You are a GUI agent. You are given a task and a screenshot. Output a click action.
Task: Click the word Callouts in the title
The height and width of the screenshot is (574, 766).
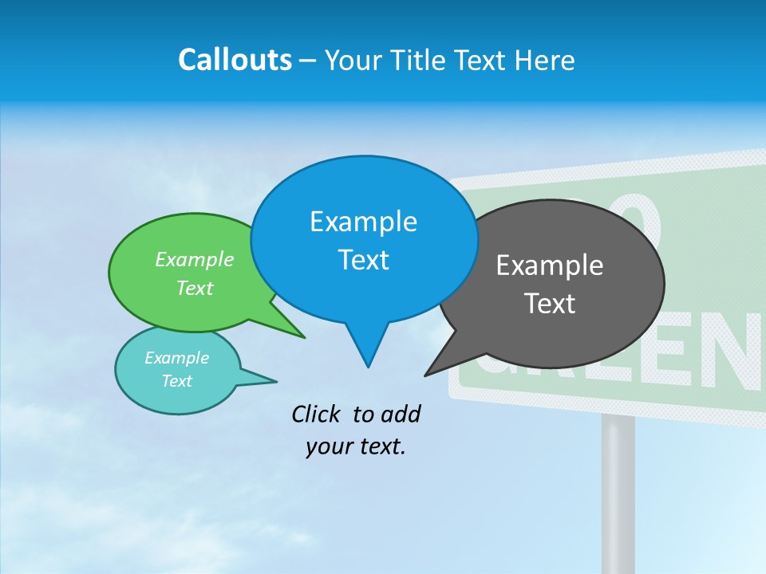tap(235, 60)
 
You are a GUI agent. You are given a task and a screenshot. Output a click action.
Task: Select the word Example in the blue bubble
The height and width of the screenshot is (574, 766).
tap(363, 222)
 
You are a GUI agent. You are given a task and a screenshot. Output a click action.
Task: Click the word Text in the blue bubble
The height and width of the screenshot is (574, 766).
tap(363, 260)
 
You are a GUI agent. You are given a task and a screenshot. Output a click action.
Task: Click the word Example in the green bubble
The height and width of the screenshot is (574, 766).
tap(195, 259)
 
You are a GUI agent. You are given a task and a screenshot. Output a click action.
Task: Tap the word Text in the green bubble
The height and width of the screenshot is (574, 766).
tap(195, 288)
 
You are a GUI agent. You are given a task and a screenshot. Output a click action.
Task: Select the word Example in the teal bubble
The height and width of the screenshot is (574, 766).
tap(176, 358)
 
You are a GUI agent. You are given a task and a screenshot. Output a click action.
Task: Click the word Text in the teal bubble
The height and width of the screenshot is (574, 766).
tap(176, 381)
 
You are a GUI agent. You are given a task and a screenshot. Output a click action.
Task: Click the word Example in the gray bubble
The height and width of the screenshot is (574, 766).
tap(550, 265)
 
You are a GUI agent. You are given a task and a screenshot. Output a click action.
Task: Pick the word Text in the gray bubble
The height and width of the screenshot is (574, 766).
tap(550, 304)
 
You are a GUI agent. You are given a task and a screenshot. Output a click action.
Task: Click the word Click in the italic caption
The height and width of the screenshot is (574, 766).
tap(317, 414)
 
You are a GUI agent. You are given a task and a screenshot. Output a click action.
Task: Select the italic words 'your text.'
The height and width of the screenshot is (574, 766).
tap(356, 446)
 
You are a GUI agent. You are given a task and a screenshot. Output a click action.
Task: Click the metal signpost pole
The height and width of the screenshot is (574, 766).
tap(618, 494)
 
